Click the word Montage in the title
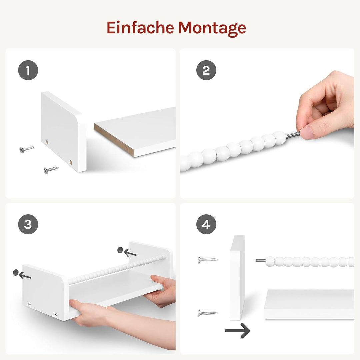(x=212, y=28)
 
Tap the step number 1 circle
(x=28, y=70)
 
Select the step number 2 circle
(x=206, y=70)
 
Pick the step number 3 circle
(x=28, y=224)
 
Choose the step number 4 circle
(x=206, y=224)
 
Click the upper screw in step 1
(x=27, y=148)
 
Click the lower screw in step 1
(x=51, y=170)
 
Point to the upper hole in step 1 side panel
(x=47, y=142)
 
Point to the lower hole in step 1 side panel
(x=71, y=162)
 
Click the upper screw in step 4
(x=208, y=259)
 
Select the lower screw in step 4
(x=208, y=313)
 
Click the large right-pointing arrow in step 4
(x=237, y=330)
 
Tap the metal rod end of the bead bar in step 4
(x=260, y=261)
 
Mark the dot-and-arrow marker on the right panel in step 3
(x=127, y=252)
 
